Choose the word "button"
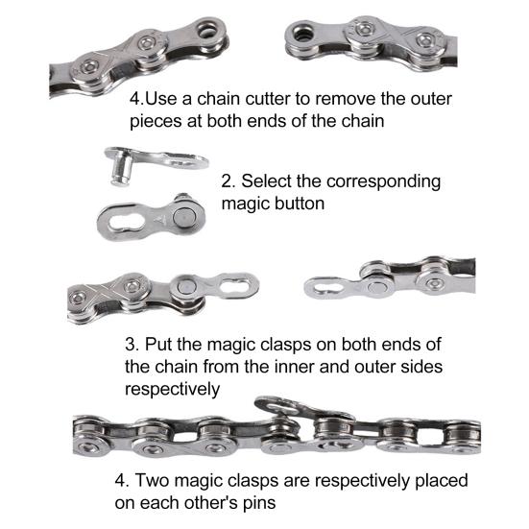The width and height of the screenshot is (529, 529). (301, 204)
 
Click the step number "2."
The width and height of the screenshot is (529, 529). (228, 180)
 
